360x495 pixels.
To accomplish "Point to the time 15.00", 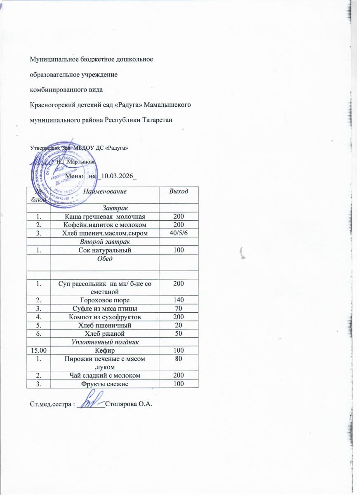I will (x=38, y=350).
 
